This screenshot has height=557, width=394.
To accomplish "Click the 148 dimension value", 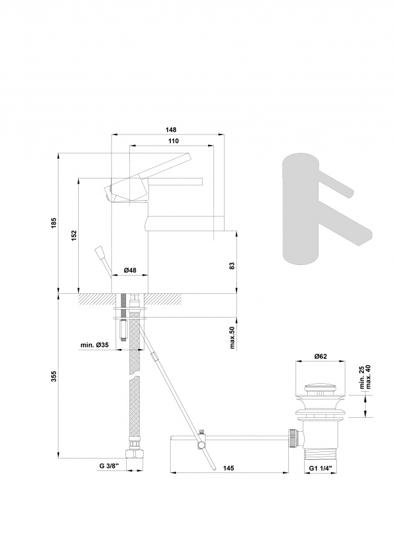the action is coord(171,130).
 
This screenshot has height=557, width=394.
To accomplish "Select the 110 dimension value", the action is coord(173,141).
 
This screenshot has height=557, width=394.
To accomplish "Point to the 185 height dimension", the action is coord(54,223).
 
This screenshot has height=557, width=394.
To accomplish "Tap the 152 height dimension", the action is coord(74,236).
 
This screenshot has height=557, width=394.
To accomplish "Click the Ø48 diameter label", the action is coord(130,270).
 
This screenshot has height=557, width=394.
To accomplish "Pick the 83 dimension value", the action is coord(232,265).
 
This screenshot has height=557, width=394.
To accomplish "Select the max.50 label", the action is coord(232,337).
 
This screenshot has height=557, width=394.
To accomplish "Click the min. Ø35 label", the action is coord(95,345).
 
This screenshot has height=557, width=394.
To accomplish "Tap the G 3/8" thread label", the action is coord(108,466).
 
